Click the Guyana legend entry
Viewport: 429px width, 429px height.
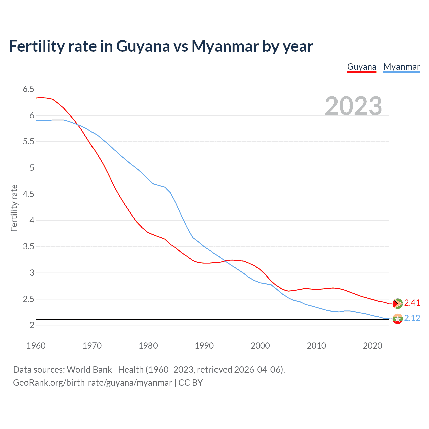(x=362, y=67)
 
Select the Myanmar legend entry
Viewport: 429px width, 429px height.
(x=402, y=67)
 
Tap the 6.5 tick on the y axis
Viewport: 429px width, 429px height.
(x=28, y=89)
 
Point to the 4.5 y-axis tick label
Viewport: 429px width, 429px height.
(x=28, y=194)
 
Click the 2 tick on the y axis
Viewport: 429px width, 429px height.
(x=32, y=325)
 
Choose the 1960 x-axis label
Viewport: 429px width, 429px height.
(x=36, y=346)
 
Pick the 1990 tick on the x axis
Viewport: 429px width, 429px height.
(x=204, y=346)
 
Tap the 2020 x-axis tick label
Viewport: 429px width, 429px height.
(x=372, y=346)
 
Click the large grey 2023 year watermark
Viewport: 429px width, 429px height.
(x=353, y=106)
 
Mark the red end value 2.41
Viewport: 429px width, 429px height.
(x=412, y=303)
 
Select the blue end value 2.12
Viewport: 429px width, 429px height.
(x=412, y=318)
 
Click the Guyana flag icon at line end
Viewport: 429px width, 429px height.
(x=397, y=303)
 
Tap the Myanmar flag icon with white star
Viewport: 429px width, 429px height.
(x=397, y=319)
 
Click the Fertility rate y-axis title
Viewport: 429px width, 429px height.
(x=14, y=208)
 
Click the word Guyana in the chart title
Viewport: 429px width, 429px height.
(x=143, y=46)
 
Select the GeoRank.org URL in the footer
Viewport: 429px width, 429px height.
(x=93, y=382)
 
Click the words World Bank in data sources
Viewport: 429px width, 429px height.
(x=89, y=369)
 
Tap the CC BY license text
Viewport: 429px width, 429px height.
(x=190, y=382)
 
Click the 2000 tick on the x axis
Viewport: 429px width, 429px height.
(x=260, y=346)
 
